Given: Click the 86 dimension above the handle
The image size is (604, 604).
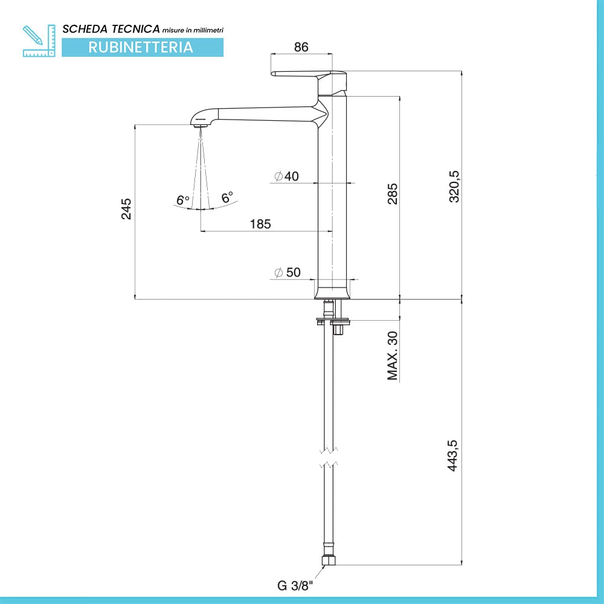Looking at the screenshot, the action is coord(301,47).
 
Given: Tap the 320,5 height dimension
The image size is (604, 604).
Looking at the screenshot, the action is coord(455,187).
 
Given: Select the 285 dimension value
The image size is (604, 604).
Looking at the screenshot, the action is coord(392,194).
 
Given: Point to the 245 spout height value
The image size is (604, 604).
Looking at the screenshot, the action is coord(126,209).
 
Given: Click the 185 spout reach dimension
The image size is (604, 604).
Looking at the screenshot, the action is coord(260,224).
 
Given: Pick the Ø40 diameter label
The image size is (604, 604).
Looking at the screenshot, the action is coord(286,176).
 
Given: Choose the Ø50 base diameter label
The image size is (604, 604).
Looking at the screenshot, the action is coord(288,272).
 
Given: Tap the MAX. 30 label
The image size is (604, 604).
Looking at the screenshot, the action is coord(392,356).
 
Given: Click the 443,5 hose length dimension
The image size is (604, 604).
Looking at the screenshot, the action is coord(453,455).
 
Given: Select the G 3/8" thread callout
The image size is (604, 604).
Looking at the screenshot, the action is coord(295,586).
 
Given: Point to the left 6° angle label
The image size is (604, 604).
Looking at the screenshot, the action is coord(183,201).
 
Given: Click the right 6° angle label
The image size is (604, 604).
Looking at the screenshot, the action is coord(227,198).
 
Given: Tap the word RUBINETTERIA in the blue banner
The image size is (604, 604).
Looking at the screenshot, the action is coord(141,47).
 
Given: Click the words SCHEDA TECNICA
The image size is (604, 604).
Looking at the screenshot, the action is coord(111,29).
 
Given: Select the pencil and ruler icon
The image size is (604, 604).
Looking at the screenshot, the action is coord(39,41).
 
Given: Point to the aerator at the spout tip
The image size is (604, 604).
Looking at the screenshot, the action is coord(200,126).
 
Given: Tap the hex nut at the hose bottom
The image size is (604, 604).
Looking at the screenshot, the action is coord(329,561).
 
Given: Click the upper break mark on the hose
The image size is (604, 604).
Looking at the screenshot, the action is coord(329,449).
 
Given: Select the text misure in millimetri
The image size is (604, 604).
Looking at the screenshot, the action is coord(193,30).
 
